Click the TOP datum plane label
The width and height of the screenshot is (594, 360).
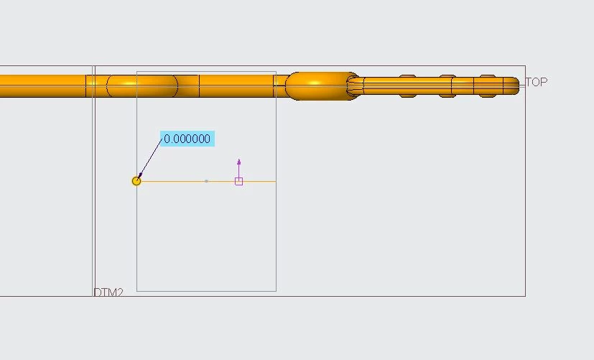pos(537,82)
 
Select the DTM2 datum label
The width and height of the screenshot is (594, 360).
pos(108,292)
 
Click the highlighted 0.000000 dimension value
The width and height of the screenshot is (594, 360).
pos(187,139)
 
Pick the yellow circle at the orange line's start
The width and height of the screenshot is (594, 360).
pos(136,181)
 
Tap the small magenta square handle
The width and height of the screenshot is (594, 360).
pos(238,182)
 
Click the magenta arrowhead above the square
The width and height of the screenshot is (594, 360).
pos(238,162)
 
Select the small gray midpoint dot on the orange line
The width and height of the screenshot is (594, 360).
pos(206,181)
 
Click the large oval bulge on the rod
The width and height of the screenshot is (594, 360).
pos(321,86)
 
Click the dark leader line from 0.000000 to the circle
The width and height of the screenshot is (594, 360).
pos(150,158)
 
